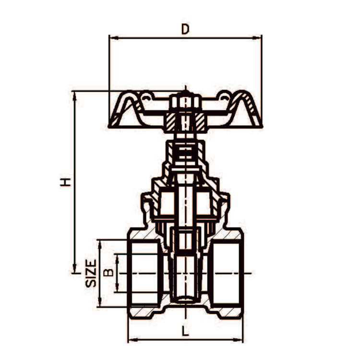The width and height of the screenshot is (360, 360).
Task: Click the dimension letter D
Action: point(185,29)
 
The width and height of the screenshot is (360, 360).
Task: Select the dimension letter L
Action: point(185,331)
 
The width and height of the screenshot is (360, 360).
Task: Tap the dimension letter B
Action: point(109,273)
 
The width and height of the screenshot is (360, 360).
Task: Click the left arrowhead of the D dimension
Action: point(112,36)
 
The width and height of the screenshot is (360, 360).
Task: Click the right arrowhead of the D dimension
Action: point(259,36)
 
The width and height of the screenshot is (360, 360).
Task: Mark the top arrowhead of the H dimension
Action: point(74,95)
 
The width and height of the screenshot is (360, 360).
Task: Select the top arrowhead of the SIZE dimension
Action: point(100,242)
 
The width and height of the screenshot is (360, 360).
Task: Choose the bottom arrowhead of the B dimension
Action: point(117,289)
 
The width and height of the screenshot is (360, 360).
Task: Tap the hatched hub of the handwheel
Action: point(185,122)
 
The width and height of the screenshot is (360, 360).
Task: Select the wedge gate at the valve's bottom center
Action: point(185,278)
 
